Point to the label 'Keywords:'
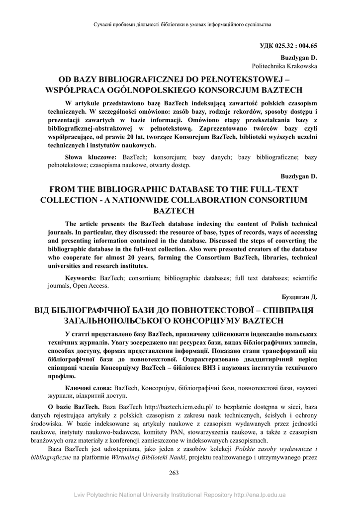[x=82, y=278]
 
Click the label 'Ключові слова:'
[x=89, y=387]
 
